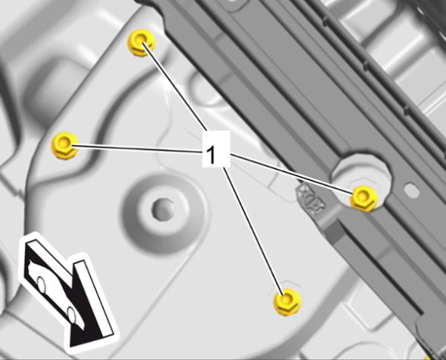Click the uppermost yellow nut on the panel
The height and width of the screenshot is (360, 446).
point(141,42)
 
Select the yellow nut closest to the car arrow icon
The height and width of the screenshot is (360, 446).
point(65,145)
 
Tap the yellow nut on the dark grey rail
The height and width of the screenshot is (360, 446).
point(363,198)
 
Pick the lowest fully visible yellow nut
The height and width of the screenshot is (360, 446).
point(287,301)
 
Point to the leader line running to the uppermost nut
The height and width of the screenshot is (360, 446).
point(175,86)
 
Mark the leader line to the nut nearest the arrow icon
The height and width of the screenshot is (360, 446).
point(137,149)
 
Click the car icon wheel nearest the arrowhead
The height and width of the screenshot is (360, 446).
point(71,315)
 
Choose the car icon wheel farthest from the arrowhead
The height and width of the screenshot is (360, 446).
point(41,285)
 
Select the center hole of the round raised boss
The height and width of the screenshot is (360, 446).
point(163,210)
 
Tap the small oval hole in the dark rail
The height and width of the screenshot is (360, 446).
point(411,190)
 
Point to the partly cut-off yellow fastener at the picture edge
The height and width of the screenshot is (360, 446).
point(428,357)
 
